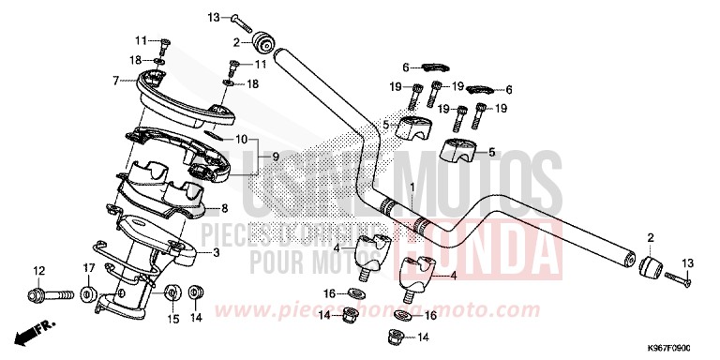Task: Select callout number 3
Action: coord(217,252)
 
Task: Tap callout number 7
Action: coord(115,82)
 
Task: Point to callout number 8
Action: coord(223,208)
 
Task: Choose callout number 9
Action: coord(276,155)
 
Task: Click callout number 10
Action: coord(241,140)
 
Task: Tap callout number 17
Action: coord(87,270)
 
